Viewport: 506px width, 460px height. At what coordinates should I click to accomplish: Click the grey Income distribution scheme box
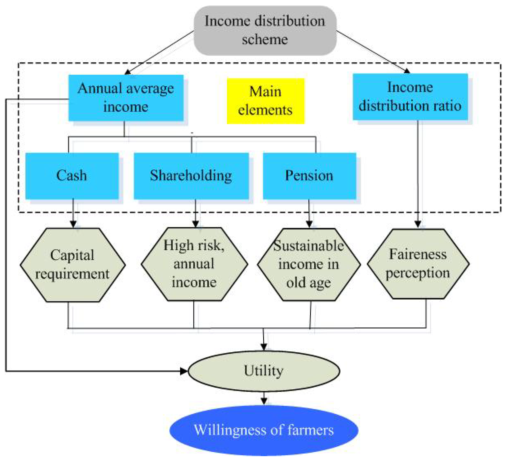tap(265, 30)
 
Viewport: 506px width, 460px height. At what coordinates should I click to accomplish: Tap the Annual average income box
tap(126, 98)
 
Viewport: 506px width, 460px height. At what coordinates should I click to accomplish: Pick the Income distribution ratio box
tap(410, 97)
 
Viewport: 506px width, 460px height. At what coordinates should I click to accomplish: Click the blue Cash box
tap(72, 176)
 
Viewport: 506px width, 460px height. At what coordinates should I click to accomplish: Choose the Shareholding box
tap(191, 176)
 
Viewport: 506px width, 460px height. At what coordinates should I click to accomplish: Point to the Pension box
tap(309, 176)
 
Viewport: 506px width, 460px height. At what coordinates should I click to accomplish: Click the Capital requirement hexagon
tap(73, 264)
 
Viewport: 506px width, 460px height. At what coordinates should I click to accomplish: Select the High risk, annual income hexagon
tap(194, 264)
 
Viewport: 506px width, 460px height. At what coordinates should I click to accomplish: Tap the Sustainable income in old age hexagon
tap(309, 264)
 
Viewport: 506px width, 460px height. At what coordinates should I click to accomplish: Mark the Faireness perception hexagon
tap(418, 264)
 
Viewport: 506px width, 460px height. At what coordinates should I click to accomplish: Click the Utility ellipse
tap(264, 371)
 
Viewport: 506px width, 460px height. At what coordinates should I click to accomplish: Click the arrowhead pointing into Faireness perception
tap(418, 224)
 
